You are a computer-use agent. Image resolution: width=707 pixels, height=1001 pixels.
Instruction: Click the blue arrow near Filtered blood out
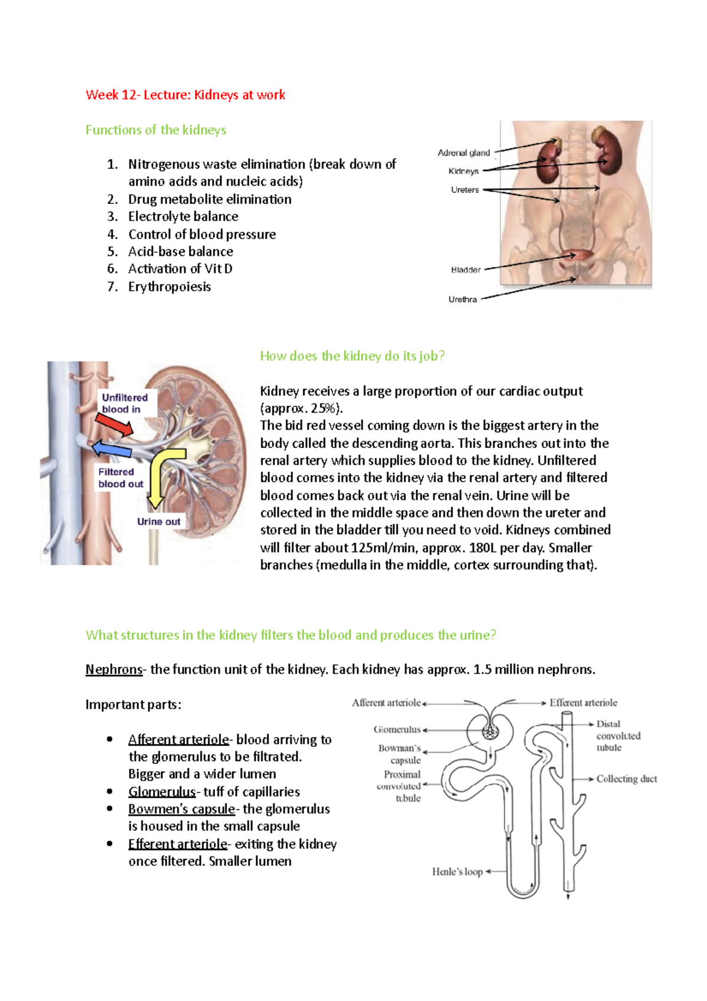coord(112,449)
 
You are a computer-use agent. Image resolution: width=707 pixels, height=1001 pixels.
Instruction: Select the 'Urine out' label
coord(158,521)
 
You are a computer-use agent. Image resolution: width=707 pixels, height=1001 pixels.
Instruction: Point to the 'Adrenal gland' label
coord(464,153)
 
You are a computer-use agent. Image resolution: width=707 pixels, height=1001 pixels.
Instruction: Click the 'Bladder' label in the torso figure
coord(465,270)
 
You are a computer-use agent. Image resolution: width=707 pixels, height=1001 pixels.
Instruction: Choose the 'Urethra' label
coord(462,299)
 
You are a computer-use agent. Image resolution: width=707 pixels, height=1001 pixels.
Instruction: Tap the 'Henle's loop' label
coord(457,871)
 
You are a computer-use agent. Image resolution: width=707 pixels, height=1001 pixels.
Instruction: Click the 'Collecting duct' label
coord(626,779)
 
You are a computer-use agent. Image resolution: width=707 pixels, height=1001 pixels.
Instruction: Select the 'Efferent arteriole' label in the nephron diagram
coord(583,703)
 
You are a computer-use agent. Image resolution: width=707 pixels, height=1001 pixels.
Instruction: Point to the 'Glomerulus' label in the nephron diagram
coord(397,729)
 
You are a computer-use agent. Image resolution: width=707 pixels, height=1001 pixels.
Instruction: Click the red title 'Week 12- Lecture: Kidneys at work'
coord(185,95)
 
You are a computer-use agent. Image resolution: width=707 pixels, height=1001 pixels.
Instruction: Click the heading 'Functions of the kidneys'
coord(156,130)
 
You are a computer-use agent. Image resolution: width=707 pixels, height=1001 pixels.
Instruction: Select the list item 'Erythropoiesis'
coord(169,287)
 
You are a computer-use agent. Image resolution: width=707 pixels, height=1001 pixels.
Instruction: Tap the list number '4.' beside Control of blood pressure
coord(113,234)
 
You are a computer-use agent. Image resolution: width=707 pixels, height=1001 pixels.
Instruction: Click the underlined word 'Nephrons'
coord(114,669)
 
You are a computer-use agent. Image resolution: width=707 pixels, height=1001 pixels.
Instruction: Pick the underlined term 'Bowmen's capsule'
coord(181,809)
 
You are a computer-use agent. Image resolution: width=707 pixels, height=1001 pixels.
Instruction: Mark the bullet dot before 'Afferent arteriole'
coord(110,739)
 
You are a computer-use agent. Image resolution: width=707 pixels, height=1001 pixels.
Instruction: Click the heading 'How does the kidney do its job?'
coord(352,355)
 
